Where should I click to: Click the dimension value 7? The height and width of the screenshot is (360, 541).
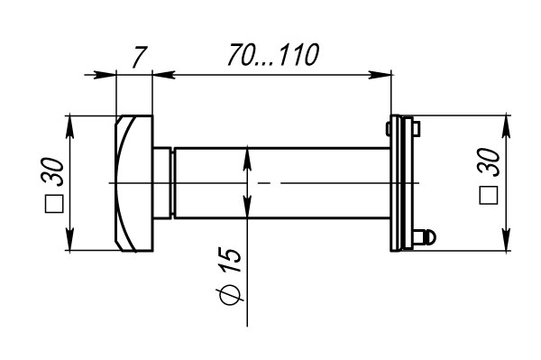pos(140,57)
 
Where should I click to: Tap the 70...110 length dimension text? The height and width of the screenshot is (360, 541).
pos(273,54)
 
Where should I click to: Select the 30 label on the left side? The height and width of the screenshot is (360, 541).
pos(53,172)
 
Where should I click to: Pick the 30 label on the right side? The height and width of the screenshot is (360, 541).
pos(488,162)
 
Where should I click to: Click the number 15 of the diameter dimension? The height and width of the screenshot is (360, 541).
pos(230,259)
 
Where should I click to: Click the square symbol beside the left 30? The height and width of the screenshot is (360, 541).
pos(54,204)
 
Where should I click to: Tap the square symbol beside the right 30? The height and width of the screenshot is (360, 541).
pos(489,196)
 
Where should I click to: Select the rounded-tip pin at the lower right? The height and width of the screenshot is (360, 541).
pos(425,236)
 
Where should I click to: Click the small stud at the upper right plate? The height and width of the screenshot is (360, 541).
pos(417,129)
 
